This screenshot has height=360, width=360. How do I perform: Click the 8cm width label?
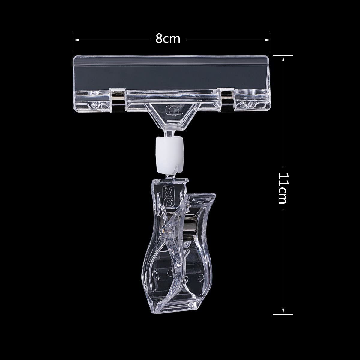168,39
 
